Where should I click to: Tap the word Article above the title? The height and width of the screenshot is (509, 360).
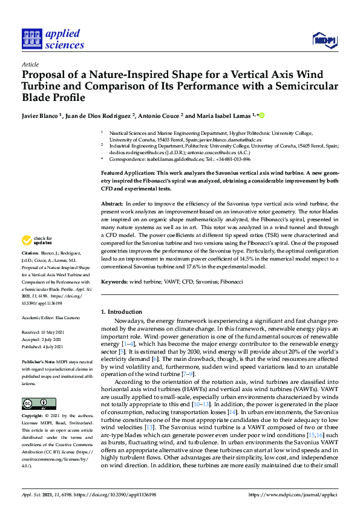30,64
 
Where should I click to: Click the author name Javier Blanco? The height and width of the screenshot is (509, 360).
41,115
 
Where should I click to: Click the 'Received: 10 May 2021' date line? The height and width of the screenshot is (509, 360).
44,332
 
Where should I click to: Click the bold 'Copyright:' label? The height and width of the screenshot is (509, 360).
33,417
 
